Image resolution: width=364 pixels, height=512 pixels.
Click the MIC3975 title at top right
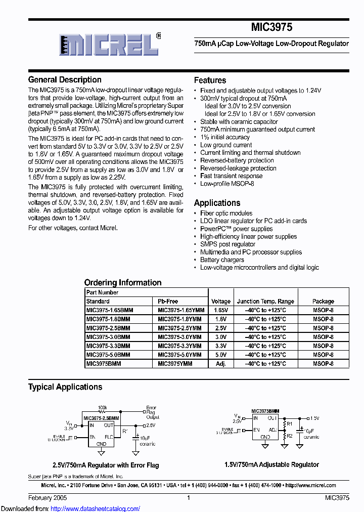tap(271, 27)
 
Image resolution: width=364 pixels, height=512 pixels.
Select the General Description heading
tap(65, 80)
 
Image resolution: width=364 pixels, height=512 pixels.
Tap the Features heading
tap(210, 80)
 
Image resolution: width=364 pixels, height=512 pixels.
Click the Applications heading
tap(217, 203)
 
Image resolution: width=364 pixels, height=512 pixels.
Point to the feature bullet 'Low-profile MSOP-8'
tap(227, 184)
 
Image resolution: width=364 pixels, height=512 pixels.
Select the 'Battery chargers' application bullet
tap(222, 260)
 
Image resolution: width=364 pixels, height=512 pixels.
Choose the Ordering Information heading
tap(123, 283)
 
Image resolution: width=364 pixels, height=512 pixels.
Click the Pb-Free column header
tap(168, 301)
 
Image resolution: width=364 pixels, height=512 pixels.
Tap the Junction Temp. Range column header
tap(265, 301)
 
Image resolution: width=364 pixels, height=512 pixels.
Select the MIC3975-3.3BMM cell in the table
tap(108, 346)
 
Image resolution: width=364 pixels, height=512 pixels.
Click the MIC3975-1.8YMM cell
tap(179, 319)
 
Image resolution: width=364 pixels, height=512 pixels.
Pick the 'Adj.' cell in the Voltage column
tap(220, 363)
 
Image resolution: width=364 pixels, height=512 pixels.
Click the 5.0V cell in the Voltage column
tap(220, 355)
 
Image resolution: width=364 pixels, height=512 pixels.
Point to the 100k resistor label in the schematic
tap(103, 407)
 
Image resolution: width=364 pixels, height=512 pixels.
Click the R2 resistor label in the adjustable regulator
tap(290, 435)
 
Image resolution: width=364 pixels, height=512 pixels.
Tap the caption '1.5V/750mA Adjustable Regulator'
tap(271, 464)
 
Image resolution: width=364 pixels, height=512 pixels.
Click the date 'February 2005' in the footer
tap(47, 498)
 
